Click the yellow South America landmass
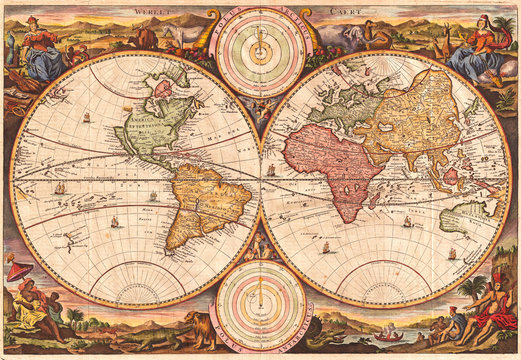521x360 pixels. (204, 205)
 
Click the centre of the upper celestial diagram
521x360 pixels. (261, 50)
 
